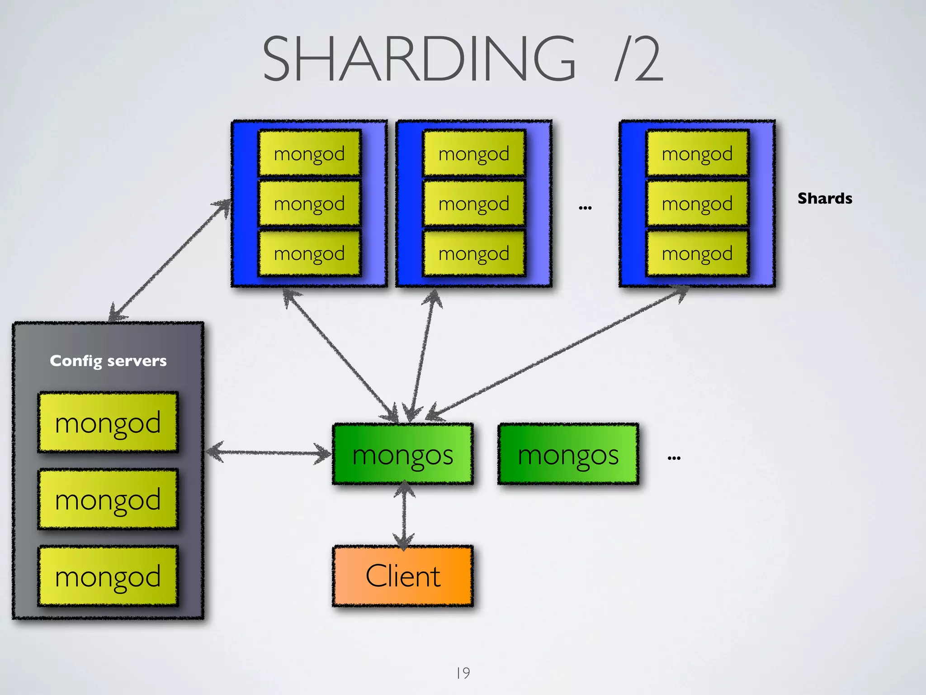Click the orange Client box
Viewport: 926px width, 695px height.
coord(402,576)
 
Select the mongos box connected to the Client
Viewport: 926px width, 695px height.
coord(402,454)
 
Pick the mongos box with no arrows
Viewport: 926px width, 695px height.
coord(568,454)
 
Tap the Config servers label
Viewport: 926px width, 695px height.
coord(108,361)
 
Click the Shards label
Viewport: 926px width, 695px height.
coord(824,198)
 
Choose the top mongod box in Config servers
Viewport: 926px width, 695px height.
coord(108,422)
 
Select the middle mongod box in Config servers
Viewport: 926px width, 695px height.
coord(108,499)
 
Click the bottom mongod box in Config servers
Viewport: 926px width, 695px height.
coord(108,576)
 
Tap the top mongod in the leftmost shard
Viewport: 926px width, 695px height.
coord(309,153)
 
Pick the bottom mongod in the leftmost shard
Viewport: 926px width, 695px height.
coord(309,253)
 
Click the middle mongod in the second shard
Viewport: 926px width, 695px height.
coord(474,203)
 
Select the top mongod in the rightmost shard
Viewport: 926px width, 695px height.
coord(697,153)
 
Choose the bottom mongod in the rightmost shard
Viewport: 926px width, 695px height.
coord(697,253)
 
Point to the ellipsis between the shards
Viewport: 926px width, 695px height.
coord(585,208)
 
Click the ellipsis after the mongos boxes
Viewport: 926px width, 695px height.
coord(674,458)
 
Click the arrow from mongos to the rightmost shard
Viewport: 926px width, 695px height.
coord(556,352)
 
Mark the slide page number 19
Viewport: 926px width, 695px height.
coord(463,673)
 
